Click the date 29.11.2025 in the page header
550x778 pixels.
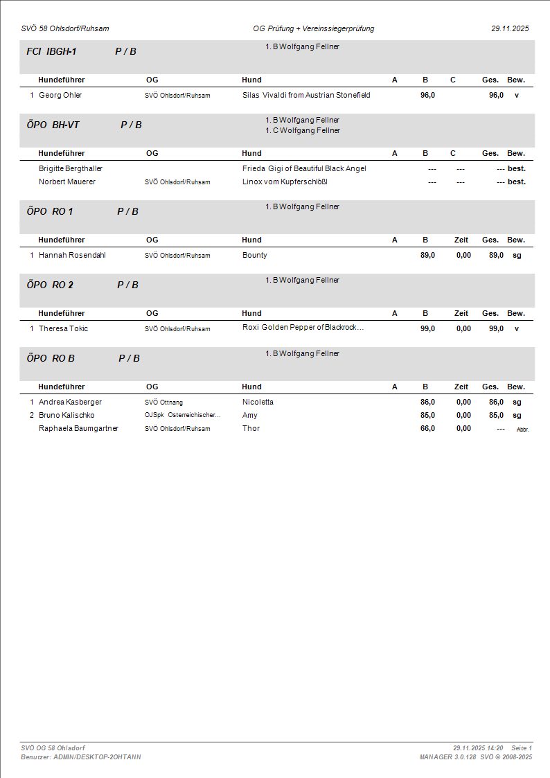[x=510, y=29]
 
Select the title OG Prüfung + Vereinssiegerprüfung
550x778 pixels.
[x=314, y=29]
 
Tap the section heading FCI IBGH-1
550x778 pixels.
[x=51, y=51]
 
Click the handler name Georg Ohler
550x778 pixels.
[x=60, y=95]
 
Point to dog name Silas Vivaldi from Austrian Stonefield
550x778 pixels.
[x=306, y=95]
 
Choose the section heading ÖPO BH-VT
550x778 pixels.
[x=53, y=125]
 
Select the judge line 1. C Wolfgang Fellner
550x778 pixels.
[x=303, y=130]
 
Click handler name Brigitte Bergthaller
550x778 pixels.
[x=71, y=168]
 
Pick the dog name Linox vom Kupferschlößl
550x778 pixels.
[x=284, y=182]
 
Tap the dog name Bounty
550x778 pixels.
[x=255, y=255]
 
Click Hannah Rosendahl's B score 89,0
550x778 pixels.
[x=427, y=255]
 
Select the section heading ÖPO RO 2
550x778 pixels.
[x=50, y=285]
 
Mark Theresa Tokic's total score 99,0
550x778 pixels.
[x=496, y=328]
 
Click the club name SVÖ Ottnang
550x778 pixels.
[x=163, y=402]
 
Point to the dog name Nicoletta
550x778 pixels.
[x=258, y=402]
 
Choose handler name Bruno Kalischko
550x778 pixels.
[x=66, y=415]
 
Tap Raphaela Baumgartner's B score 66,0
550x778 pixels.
[x=427, y=428]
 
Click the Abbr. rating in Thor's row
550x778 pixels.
[x=522, y=430]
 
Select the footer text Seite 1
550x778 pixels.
[x=522, y=748]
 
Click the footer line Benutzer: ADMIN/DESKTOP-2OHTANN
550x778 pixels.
[x=81, y=757]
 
